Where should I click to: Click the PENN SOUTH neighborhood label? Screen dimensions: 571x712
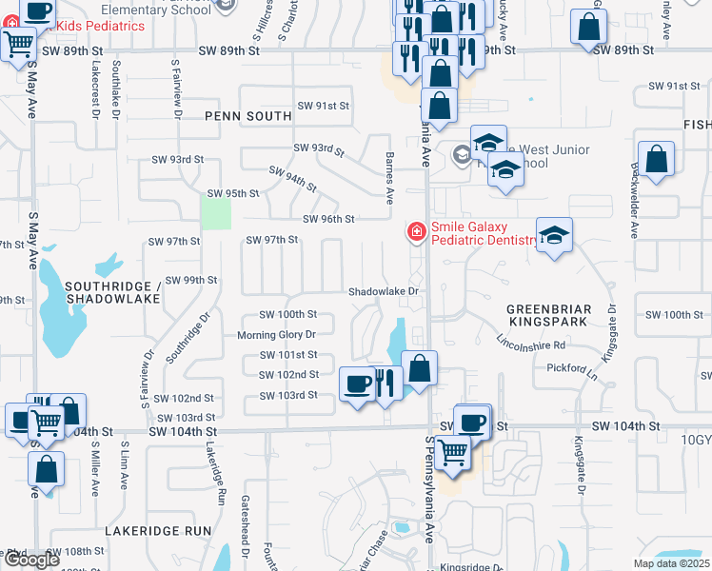click(247, 116)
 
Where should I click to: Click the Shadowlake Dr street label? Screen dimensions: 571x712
click(384, 291)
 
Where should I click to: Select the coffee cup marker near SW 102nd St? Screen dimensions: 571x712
click(357, 384)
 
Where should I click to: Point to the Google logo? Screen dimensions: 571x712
click(32, 560)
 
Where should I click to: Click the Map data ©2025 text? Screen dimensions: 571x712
click(671, 563)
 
